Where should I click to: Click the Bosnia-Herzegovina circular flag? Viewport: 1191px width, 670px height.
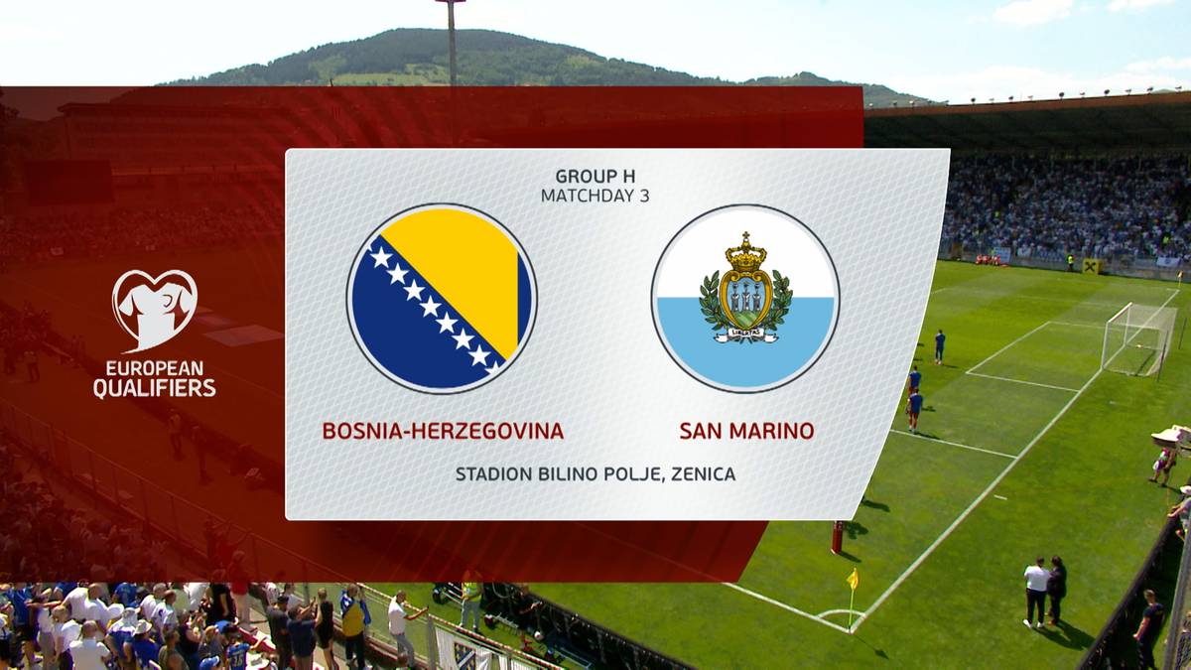442,299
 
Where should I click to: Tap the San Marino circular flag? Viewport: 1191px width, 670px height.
745,299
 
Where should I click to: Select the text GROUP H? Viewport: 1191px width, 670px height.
595,176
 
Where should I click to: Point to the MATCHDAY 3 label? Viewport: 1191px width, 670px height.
595,196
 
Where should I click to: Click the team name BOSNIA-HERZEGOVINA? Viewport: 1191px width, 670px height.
443,431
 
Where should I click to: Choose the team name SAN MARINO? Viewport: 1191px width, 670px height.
746,431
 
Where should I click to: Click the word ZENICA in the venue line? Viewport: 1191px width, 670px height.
704,473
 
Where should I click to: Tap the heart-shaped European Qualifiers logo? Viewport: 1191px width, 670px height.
155,311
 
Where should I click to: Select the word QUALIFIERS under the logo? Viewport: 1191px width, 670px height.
155,388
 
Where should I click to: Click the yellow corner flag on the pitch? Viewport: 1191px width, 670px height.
853,579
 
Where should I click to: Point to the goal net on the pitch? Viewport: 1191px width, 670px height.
1138,339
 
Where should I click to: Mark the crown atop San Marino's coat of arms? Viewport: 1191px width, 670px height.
745,253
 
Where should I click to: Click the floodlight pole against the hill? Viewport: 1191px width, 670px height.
452,43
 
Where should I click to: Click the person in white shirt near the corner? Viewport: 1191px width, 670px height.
1036,592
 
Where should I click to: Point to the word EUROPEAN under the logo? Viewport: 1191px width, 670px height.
155,368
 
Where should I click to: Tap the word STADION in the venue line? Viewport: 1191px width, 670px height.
494,473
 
